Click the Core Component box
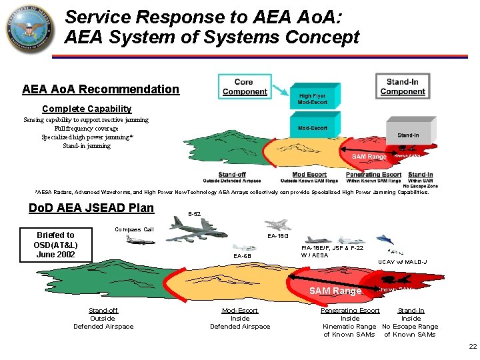click(x=243, y=86)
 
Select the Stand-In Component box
click(x=402, y=86)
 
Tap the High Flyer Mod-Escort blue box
click(x=312, y=99)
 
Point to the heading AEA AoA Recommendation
click(x=100, y=89)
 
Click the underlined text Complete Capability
click(x=87, y=109)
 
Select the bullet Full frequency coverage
click(x=87, y=129)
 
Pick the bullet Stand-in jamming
click(x=87, y=146)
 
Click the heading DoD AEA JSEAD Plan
click(x=91, y=207)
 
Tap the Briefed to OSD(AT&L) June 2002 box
click(x=55, y=244)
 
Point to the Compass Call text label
click(x=134, y=229)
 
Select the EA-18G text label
click(x=277, y=235)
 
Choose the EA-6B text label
click(x=242, y=256)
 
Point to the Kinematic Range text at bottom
click(x=349, y=327)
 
